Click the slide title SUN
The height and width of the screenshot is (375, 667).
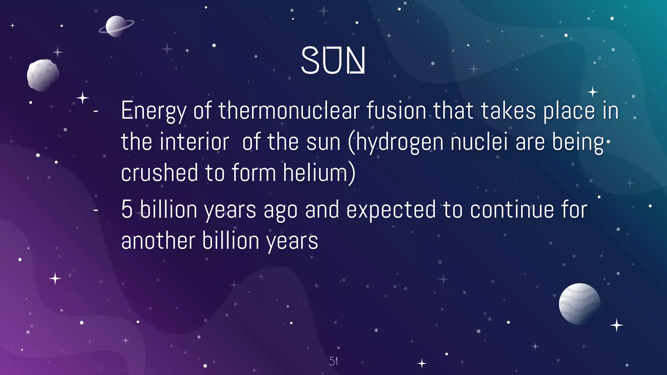pyautogui.click(x=333, y=60)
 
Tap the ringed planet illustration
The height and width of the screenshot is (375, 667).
pyautogui.click(x=116, y=26)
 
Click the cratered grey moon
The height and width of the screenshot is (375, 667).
pyautogui.click(x=43, y=75)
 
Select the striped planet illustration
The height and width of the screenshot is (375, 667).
pyautogui.click(x=579, y=304)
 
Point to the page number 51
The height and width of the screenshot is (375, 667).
pyautogui.click(x=333, y=361)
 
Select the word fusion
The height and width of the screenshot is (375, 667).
pyautogui.click(x=396, y=111)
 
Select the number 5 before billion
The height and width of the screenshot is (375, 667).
pyautogui.click(x=127, y=209)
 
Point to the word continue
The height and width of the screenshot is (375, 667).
pyautogui.click(x=512, y=209)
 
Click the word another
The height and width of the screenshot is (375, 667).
pyautogui.click(x=158, y=241)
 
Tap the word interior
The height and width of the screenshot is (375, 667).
pyautogui.click(x=194, y=142)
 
